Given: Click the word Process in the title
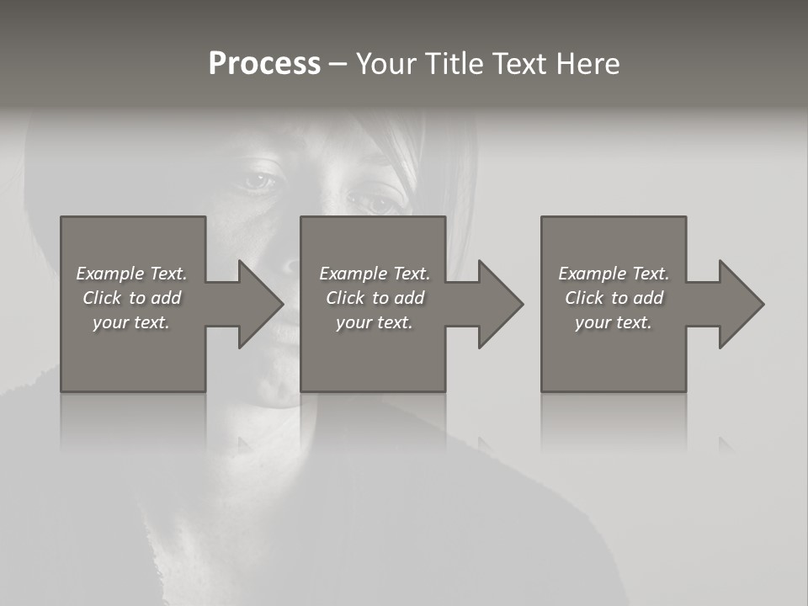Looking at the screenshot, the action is (x=264, y=64).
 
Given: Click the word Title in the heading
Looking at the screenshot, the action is (x=452, y=64).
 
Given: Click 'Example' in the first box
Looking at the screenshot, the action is (x=109, y=274).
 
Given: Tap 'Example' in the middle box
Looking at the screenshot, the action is (x=353, y=274).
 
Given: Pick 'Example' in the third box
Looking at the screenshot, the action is (x=592, y=274).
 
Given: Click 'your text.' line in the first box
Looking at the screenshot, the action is (x=131, y=322).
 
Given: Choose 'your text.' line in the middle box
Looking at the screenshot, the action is (x=374, y=322).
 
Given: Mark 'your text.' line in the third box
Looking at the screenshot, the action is (x=614, y=322).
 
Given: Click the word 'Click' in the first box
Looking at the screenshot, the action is (x=102, y=298).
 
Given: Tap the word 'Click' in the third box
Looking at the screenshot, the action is (x=584, y=298).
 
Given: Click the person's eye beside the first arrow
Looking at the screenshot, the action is (x=261, y=179).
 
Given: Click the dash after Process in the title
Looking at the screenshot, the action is (x=338, y=64).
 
